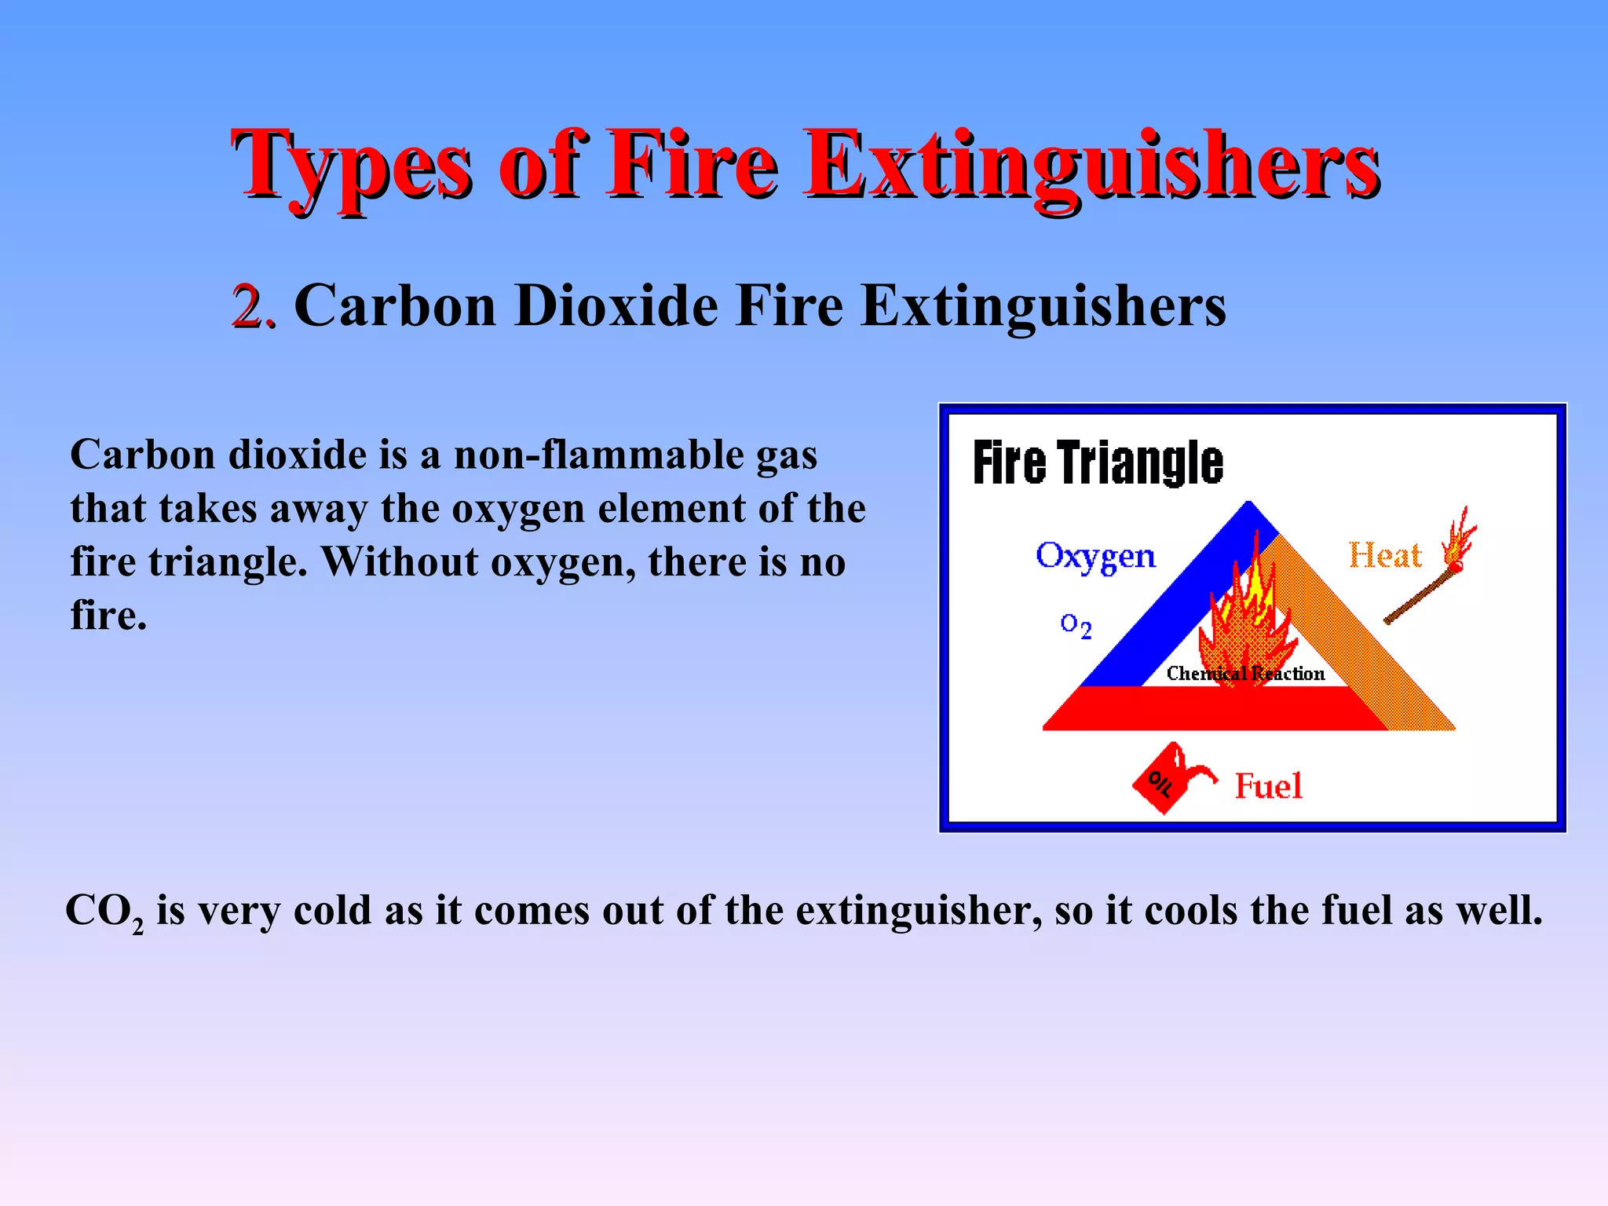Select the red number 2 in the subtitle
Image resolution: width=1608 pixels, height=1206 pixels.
pyautogui.click(x=250, y=306)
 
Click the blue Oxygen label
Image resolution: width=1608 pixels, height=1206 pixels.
pyautogui.click(x=1095, y=556)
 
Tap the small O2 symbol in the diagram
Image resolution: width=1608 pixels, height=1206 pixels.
pyautogui.click(x=1076, y=626)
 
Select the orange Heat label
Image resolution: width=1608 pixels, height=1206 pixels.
pyautogui.click(x=1385, y=556)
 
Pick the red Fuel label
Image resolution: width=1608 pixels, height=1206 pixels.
pyautogui.click(x=1268, y=786)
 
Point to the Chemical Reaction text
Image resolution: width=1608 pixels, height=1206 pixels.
pyautogui.click(x=1245, y=674)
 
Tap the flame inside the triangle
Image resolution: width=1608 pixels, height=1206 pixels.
pyautogui.click(x=1245, y=620)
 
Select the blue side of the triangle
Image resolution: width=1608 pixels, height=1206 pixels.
pyautogui.click(x=1154, y=612)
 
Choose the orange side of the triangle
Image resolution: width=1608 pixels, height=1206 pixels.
pyautogui.click(x=1366, y=636)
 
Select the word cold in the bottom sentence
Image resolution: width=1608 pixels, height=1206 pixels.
pyautogui.click(x=333, y=911)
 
